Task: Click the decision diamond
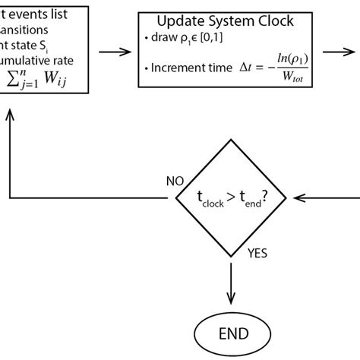tap(230, 198)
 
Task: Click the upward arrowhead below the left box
tap(10, 115)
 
